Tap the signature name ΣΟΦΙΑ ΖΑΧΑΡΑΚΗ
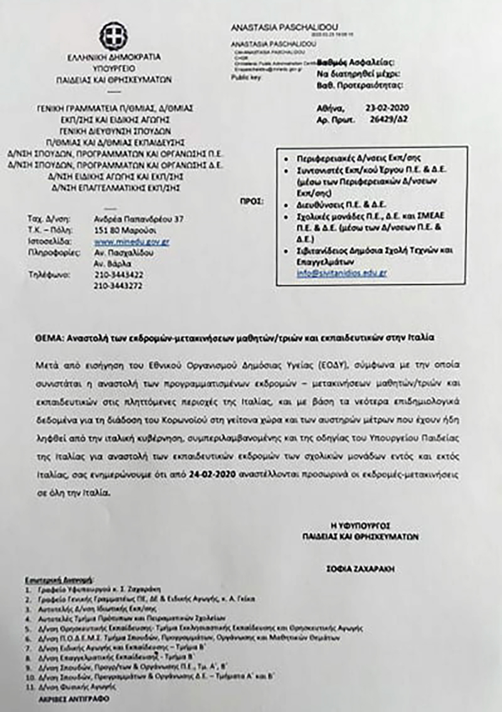359,569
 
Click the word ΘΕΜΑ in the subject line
47,337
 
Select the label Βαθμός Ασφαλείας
355,63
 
